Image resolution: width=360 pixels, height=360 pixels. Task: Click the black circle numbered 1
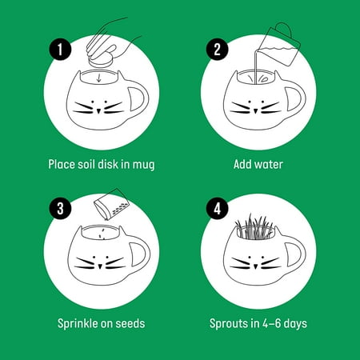point(60,50)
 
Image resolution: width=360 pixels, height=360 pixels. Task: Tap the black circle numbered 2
point(217,50)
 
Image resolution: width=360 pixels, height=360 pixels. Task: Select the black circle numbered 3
point(60,208)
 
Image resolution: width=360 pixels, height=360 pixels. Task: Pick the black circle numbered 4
point(217,208)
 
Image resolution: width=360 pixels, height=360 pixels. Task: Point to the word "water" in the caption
point(269,164)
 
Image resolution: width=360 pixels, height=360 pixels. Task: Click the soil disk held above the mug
point(101,62)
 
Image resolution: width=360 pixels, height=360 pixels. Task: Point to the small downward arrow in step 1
point(99,78)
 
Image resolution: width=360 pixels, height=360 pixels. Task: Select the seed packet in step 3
point(111,204)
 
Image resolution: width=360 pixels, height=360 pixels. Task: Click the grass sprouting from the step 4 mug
point(254,226)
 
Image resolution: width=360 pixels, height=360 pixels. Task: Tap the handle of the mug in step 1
point(139,98)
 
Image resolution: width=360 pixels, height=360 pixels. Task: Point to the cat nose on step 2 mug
point(255,110)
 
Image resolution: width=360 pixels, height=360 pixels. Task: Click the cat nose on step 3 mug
point(100,266)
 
